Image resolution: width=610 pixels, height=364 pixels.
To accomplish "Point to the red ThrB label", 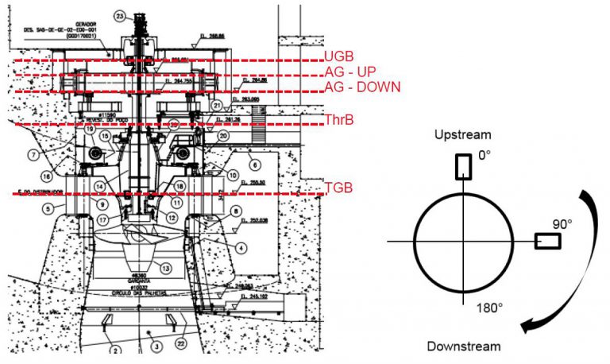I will [340, 119].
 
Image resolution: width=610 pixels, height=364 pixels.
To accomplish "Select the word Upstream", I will [462, 136].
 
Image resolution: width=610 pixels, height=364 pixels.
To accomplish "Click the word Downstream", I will [464, 347].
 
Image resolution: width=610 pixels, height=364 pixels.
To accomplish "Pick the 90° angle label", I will [563, 224].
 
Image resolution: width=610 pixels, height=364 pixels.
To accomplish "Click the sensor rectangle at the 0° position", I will [462, 165].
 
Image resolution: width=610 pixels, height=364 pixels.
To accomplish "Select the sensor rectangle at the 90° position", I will [546, 239].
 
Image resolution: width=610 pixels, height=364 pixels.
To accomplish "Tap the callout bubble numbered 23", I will [120, 16].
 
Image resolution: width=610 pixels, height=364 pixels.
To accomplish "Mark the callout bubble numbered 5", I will [48, 208].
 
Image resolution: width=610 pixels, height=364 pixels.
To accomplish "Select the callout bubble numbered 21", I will [215, 105].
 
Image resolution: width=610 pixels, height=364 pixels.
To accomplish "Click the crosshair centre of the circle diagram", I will [462, 241].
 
